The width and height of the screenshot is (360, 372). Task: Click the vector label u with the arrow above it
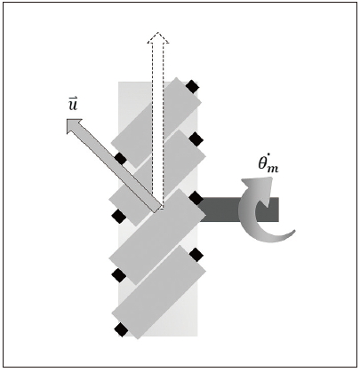tap(73, 103)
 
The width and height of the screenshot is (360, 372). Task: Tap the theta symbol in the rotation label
tap(262, 163)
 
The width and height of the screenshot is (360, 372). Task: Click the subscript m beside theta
tap(273, 169)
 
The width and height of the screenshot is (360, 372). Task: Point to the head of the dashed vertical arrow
tap(158, 37)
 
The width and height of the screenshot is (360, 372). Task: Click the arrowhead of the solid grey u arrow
tap(74, 125)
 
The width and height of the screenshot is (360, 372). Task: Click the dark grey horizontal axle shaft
tap(238, 210)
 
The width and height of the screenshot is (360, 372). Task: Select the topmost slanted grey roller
tap(156, 123)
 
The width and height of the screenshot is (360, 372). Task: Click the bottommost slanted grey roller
tap(158, 292)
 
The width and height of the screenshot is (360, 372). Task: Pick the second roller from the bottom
tap(157, 237)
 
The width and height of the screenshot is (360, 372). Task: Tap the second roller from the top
tap(157, 178)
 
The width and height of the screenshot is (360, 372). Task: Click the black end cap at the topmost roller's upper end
tap(192, 87)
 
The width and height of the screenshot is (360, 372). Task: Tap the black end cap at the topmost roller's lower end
tap(121, 159)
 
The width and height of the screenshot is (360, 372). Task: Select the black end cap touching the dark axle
tap(196, 198)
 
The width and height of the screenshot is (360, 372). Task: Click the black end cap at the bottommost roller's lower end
tap(121, 329)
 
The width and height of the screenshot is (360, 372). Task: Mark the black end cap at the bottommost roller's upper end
tap(196, 255)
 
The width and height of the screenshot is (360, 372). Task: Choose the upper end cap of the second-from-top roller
tap(196, 139)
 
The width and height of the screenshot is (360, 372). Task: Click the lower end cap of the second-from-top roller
tap(119, 216)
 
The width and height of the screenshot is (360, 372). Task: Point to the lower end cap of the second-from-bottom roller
tap(119, 275)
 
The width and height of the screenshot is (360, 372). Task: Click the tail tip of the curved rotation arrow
tap(294, 231)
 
